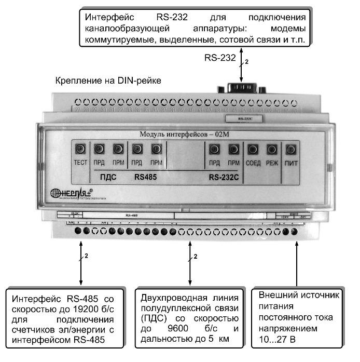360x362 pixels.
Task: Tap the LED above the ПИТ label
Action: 291,150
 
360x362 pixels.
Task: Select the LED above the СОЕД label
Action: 253,150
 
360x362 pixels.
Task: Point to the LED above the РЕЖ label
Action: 272,150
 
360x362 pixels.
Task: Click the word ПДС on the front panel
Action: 107,177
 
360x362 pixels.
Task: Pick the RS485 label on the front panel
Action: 145,177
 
